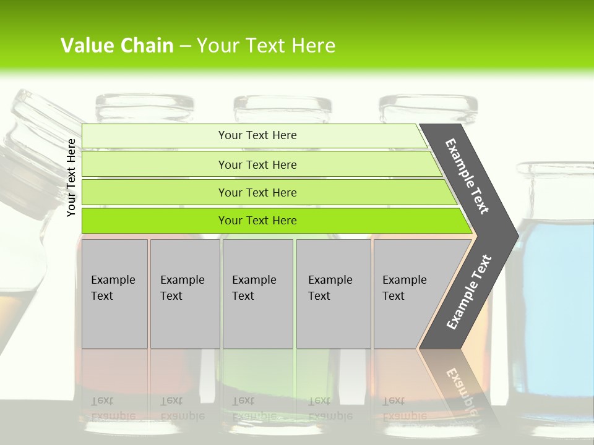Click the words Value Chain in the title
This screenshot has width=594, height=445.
[117, 46]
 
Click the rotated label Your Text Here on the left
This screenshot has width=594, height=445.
[72, 178]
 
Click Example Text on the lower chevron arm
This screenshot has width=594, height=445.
[469, 292]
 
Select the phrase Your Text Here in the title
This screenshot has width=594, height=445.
[266, 46]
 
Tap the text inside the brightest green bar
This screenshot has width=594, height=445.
[257, 221]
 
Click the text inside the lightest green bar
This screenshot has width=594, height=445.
[257, 135]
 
